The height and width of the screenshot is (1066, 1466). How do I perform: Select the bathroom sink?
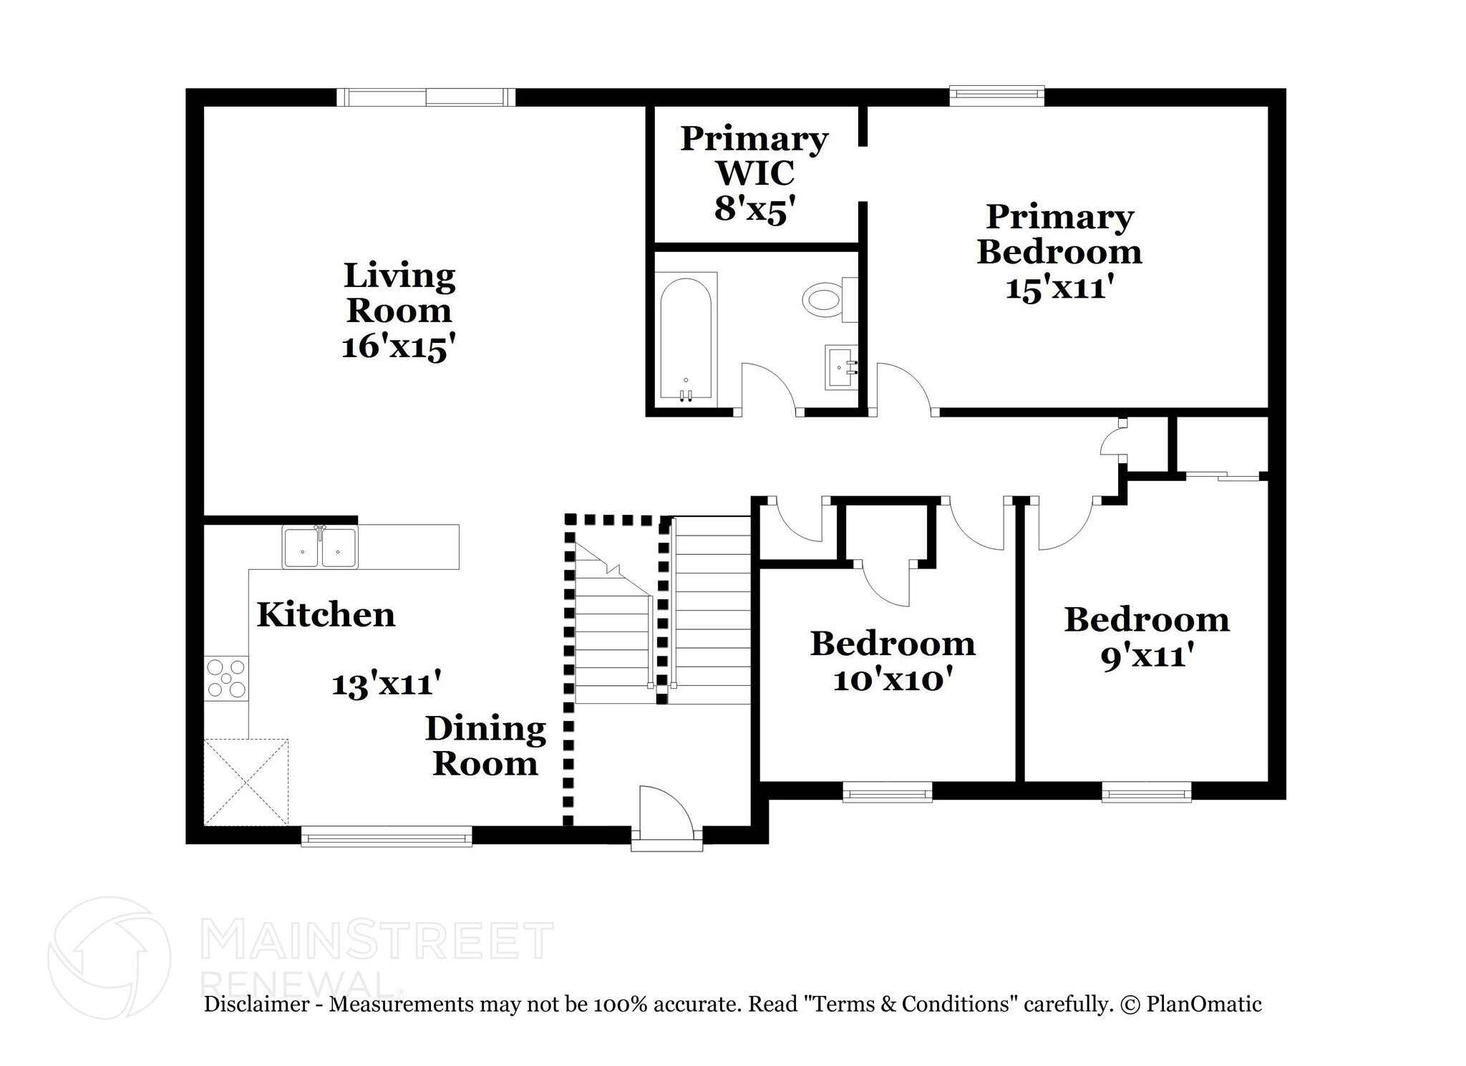[x=840, y=367]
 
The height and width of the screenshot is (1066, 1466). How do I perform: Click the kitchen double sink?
[x=319, y=548]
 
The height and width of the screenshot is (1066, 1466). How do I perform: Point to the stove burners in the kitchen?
[x=226, y=677]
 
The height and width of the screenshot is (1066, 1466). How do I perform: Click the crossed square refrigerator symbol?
[x=246, y=782]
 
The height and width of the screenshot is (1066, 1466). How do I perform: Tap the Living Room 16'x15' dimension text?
[x=399, y=348]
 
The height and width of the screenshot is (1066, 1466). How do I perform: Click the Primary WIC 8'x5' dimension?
[x=754, y=210]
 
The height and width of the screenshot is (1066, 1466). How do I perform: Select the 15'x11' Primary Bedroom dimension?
[x=1059, y=289]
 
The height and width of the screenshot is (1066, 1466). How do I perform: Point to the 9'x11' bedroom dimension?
[x=1147, y=656]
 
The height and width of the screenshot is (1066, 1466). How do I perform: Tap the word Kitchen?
[x=326, y=615]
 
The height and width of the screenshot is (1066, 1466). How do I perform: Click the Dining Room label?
[x=485, y=746]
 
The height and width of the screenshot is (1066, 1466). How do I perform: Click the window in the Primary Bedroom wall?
[x=996, y=95]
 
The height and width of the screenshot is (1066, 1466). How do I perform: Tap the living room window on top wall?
[x=426, y=97]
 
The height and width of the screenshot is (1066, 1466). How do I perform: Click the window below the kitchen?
[x=387, y=836]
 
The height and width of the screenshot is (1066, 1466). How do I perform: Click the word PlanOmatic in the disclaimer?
[x=1203, y=1004]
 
